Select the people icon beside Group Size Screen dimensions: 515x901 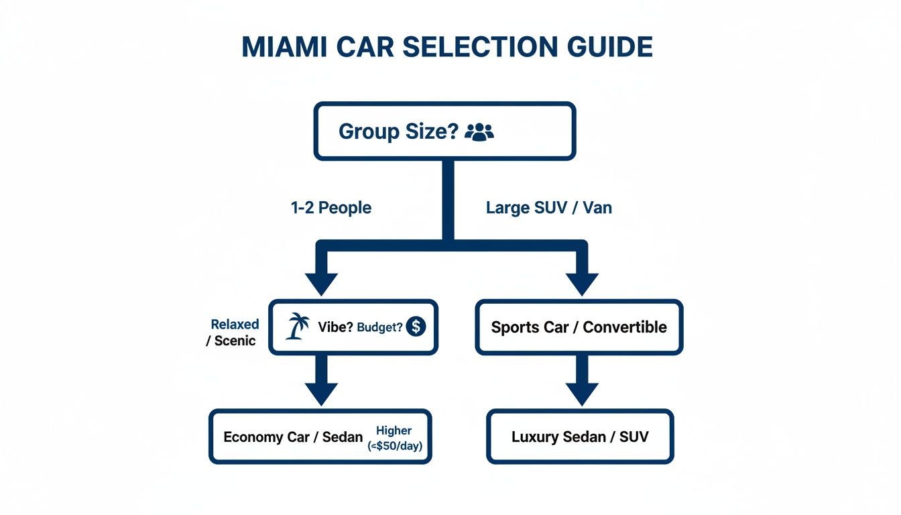479,131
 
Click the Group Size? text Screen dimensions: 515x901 398,131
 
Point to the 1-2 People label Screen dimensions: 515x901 331,208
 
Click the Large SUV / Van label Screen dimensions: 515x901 548,208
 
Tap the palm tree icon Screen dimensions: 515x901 297,327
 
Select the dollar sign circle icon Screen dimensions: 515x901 416,327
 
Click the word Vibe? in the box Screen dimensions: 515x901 336,328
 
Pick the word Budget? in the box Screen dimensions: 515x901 380,328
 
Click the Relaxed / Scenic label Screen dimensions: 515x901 232,333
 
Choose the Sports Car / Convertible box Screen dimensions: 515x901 579,327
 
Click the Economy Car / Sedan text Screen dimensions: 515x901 293,437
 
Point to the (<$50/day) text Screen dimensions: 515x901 395,446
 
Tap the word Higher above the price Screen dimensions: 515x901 394,431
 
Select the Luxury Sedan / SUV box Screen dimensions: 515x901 580,437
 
